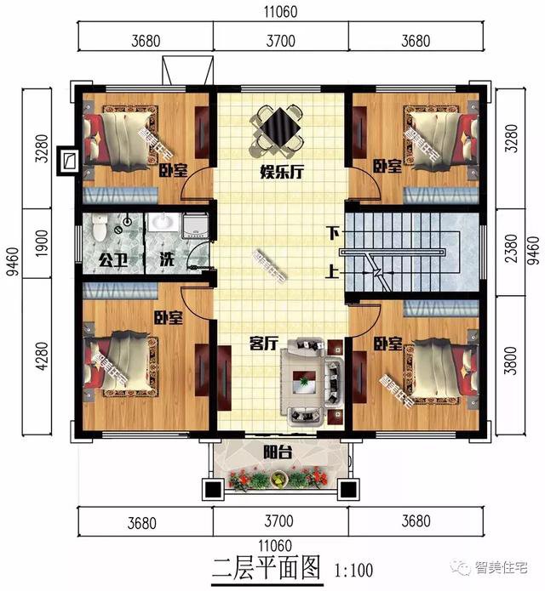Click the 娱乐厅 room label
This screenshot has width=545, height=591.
pyautogui.click(x=282, y=171)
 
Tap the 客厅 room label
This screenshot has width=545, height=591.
pyautogui.click(x=265, y=344)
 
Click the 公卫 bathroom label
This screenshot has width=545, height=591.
pyautogui.click(x=112, y=259)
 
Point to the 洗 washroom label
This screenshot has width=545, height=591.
pyautogui.click(x=168, y=259)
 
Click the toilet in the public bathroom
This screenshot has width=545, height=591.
pyautogui.click(x=100, y=228)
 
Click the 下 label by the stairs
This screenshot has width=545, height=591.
pyautogui.click(x=332, y=231)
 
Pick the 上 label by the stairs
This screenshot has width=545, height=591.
pyautogui.click(x=332, y=273)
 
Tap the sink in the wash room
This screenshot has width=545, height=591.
pyautogui.click(x=164, y=223)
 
